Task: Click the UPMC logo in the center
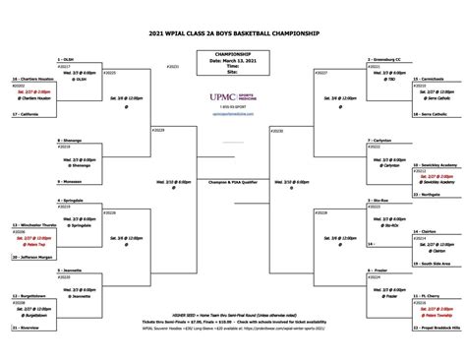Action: [x=232, y=97]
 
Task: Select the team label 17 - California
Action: [x=29, y=115]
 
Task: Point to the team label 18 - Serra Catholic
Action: [x=434, y=115]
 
